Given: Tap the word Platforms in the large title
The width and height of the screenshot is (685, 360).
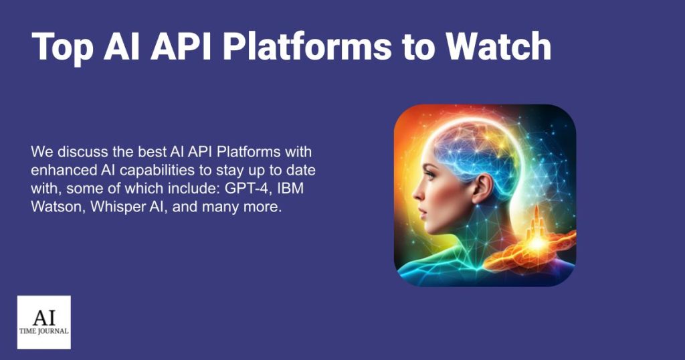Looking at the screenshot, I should [338, 48].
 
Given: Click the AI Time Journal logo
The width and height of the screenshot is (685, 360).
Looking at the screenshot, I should [43, 322].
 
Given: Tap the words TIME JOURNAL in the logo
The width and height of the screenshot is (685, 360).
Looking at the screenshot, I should [43, 331].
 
